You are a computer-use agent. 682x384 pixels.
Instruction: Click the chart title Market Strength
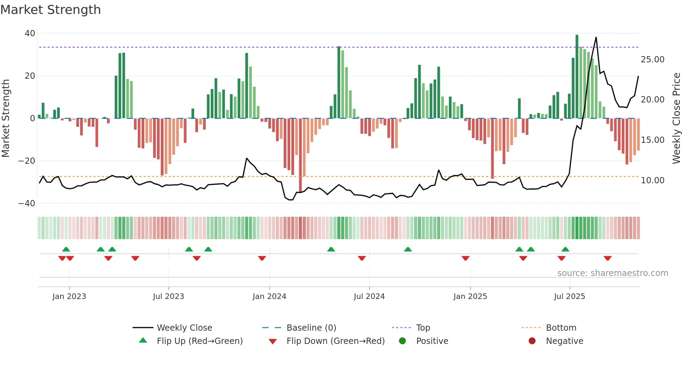[50, 10]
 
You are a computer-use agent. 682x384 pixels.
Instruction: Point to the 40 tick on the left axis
[30, 33]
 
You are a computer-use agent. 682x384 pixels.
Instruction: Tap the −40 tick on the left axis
[27, 203]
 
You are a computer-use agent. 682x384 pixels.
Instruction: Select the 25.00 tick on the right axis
[652, 60]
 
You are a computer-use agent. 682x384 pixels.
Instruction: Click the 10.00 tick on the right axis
[652, 181]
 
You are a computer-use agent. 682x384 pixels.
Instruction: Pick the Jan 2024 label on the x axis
[269, 297]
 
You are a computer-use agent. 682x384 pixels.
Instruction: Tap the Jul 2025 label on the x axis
[569, 297]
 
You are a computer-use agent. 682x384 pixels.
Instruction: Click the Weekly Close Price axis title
[676, 118]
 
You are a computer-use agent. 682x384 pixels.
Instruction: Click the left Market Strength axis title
[6, 118]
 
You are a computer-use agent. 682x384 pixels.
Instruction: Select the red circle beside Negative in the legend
[532, 341]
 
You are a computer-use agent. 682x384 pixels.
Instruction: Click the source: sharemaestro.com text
[612, 273]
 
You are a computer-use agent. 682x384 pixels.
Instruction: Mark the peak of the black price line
[596, 37]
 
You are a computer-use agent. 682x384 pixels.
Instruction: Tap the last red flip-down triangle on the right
[608, 258]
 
